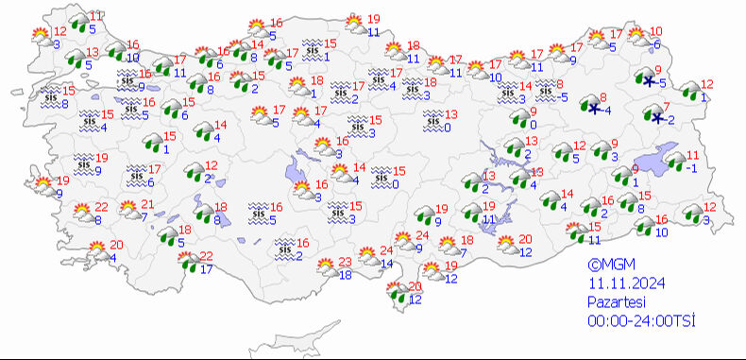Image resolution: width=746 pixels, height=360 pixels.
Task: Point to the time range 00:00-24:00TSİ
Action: pyautogui.click(x=641, y=321)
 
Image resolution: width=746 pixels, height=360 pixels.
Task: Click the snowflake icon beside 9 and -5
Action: pyautogui.click(x=650, y=81)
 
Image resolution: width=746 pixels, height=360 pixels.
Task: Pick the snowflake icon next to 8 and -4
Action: pyautogui.click(x=594, y=109)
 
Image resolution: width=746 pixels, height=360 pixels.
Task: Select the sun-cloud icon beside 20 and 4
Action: pyautogui.click(x=96, y=250)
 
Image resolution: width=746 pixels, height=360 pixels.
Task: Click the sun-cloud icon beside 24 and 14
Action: pyautogui.click(x=364, y=256)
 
